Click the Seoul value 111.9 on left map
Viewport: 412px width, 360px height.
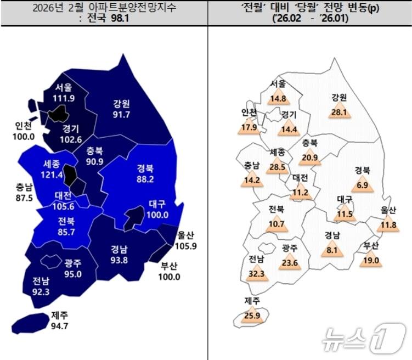(64, 98)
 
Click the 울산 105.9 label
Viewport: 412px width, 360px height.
(184, 240)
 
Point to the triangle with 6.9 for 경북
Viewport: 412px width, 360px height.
(362, 185)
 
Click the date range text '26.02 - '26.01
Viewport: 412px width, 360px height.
(309, 19)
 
